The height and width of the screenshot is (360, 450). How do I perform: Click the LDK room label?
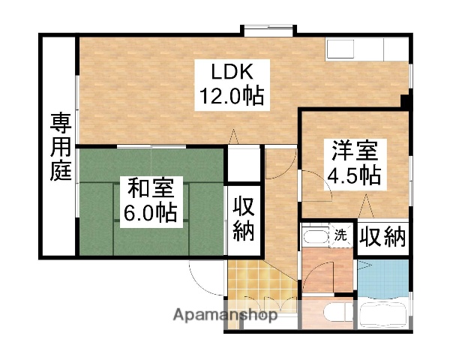[233, 73]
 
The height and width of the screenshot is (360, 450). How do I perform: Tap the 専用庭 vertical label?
[60, 145]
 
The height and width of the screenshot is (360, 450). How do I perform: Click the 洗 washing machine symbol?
[341, 234]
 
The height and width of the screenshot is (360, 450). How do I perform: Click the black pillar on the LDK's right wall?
[406, 100]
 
